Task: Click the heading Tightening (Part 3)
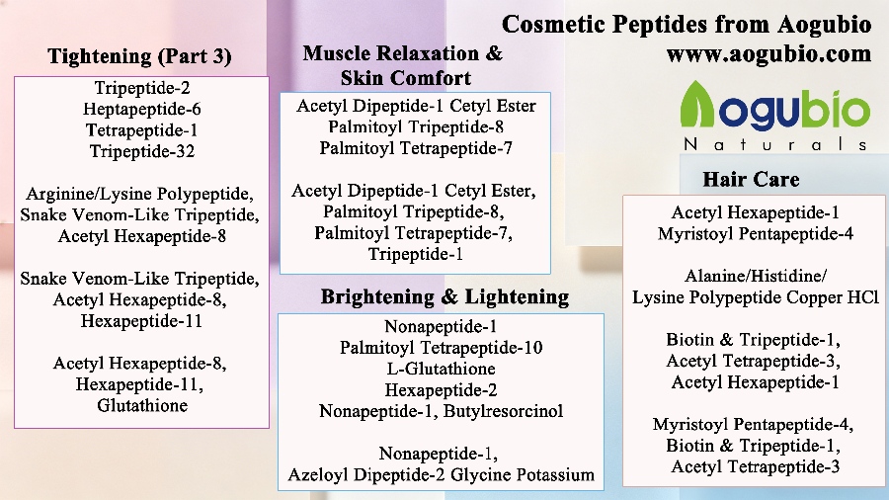coord(139,56)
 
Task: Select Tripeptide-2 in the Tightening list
coord(142,88)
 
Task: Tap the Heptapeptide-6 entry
coord(141,109)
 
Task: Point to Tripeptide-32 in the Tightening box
coord(142,151)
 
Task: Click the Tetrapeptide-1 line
coord(141,130)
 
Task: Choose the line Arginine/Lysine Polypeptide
coord(139,194)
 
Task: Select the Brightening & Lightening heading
coord(445,296)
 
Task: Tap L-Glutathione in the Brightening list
coord(442,369)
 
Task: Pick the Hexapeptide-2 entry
coord(442,390)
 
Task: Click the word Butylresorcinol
coord(503,411)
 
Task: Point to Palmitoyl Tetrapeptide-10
coord(442,348)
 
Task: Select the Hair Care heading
coord(752,179)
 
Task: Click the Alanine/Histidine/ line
coord(756,276)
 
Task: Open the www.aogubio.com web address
coord(768,54)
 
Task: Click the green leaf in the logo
coord(697,105)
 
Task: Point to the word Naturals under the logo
coord(775,144)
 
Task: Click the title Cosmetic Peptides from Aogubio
coord(687,25)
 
